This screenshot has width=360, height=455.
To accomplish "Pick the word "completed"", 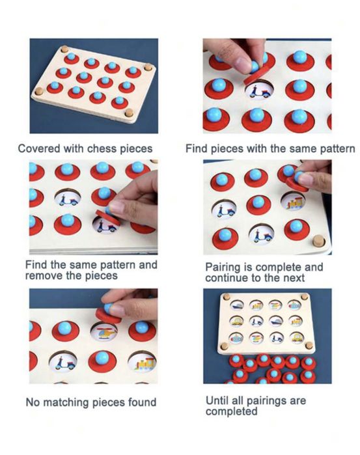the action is pos(231,411).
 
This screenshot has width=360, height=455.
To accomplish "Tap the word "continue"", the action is pos(227,278).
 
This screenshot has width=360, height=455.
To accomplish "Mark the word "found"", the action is pos(143,402).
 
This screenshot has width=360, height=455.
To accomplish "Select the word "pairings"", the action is pos(266,401).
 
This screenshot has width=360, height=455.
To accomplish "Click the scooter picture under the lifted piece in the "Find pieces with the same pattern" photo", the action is pos(259,90).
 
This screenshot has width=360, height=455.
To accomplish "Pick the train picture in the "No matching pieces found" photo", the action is pos(143,362).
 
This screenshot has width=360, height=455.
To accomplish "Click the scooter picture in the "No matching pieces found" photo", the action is pos(63,363).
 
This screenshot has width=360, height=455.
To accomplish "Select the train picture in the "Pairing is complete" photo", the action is pos(293,201).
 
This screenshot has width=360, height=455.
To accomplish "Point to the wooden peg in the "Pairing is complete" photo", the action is pos(319,241).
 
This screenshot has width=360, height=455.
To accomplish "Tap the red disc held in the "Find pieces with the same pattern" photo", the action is pos(256,75).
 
